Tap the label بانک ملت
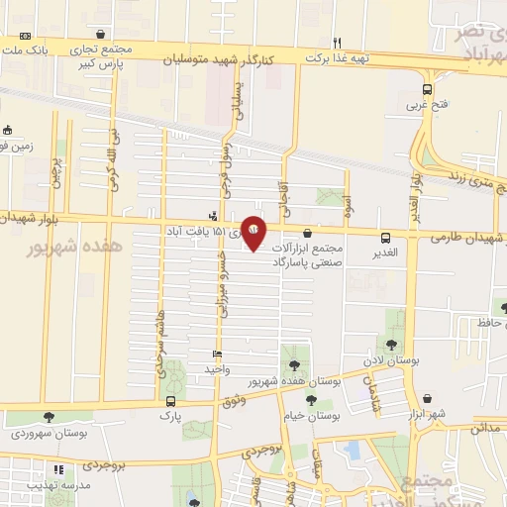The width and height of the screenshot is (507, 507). (x=28, y=49)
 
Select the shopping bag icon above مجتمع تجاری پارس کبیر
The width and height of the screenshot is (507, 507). (x=101, y=33)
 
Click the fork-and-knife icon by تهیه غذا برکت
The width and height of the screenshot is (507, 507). (x=338, y=43)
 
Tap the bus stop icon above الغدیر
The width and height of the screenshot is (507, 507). (x=385, y=237)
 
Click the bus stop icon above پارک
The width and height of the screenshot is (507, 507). (x=171, y=401)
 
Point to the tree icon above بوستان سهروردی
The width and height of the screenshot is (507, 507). (x=48, y=418)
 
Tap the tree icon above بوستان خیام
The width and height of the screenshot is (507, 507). (x=311, y=400)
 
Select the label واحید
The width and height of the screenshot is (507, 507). (x=217, y=368)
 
